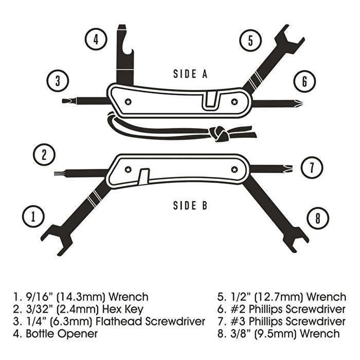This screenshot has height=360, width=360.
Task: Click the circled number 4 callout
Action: point(96,39)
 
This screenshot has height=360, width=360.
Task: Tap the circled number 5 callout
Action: point(250,41)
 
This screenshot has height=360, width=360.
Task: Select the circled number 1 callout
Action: point(33,217)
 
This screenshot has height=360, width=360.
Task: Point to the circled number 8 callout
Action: point(318,218)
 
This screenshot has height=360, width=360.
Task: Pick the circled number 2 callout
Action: point(44,154)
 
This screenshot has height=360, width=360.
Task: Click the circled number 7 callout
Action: point(312,167)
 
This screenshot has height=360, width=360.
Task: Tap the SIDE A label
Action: point(190,74)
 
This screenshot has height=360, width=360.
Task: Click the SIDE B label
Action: point(190,206)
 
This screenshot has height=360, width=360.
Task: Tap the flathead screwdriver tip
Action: point(66,101)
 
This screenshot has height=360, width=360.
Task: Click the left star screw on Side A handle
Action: point(128,101)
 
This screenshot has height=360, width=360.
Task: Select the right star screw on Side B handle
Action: point(234,170)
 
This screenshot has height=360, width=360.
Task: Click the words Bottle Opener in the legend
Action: point(62,334)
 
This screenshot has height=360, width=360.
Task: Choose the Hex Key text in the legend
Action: point(123,309)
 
